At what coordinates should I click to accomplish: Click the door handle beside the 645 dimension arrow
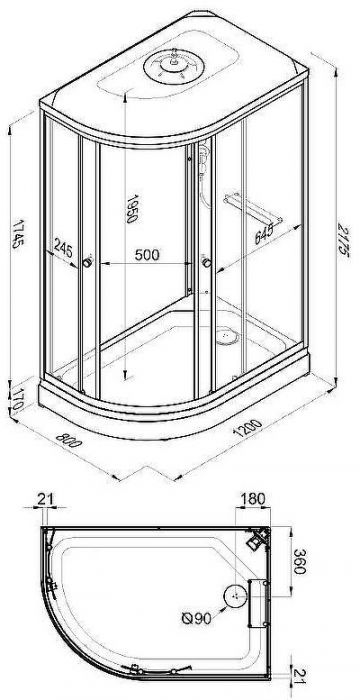click(206, 263)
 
